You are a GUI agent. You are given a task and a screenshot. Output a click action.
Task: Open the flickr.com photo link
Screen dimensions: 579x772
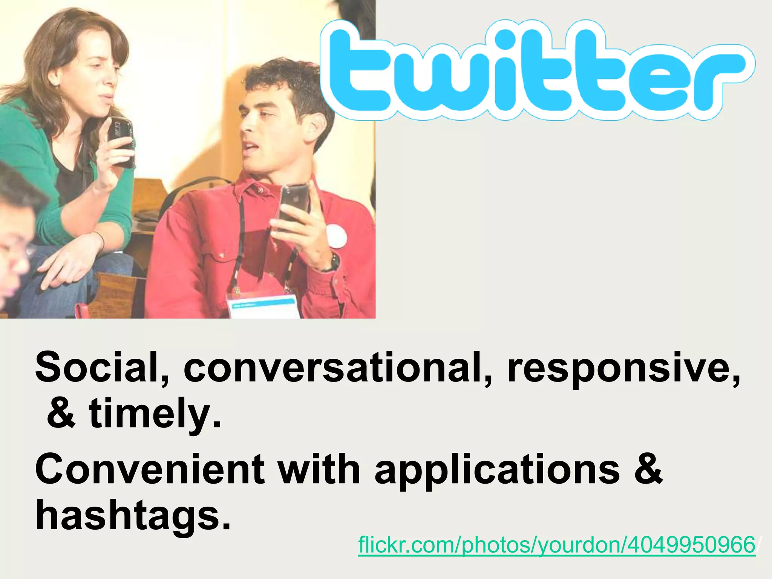pyautogui.click(x=556, y=545)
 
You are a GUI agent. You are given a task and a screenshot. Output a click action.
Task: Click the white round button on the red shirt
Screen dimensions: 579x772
pyautogui.click(x=337, y=236)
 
